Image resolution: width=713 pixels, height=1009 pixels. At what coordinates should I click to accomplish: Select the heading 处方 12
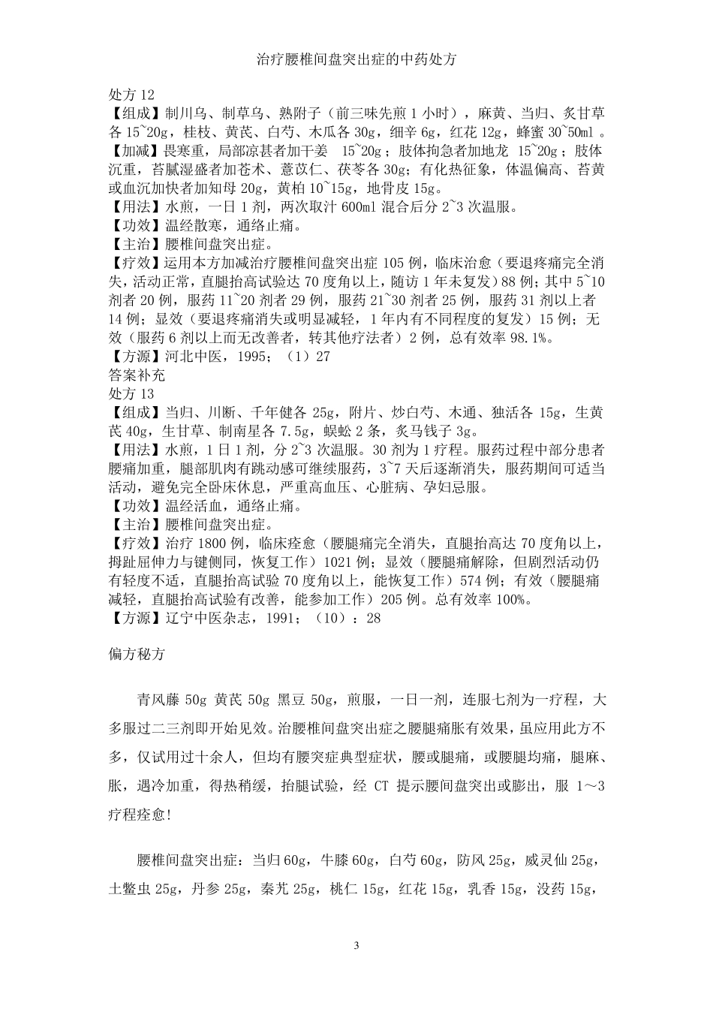[131, 95]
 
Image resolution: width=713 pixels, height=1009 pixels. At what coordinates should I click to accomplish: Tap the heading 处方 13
[131, 393]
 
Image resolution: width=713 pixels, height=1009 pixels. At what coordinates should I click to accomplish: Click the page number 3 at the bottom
[356, 944]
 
